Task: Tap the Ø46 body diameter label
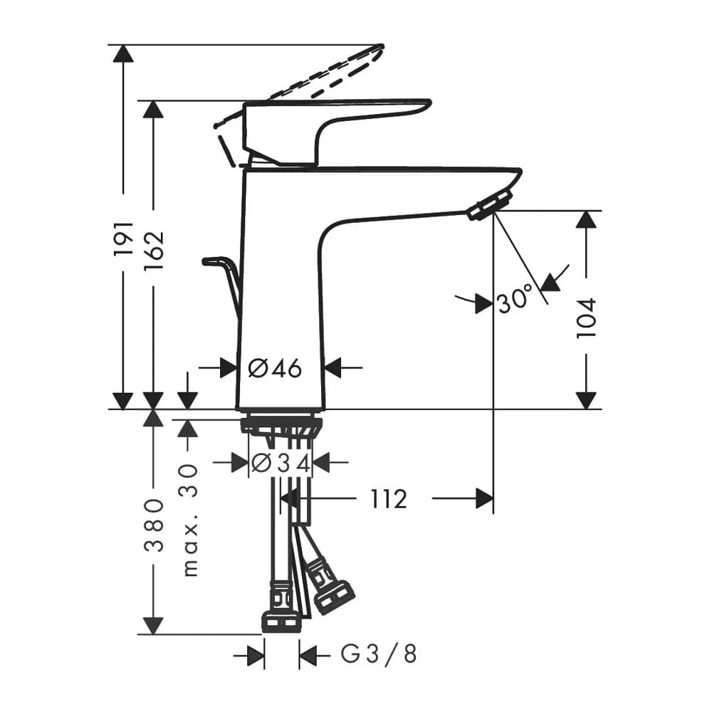(275, 368)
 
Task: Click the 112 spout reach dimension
(388, 499)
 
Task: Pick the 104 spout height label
(586, 318)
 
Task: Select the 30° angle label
(515, 300)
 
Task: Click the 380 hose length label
(153, 525)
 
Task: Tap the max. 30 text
(189, 520)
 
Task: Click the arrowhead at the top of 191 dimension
(124, 54)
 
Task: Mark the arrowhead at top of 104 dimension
(586, 219)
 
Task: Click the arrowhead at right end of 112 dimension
(484, 499)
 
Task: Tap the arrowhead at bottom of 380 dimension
(153, 625)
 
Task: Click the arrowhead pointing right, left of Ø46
(228, 368)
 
